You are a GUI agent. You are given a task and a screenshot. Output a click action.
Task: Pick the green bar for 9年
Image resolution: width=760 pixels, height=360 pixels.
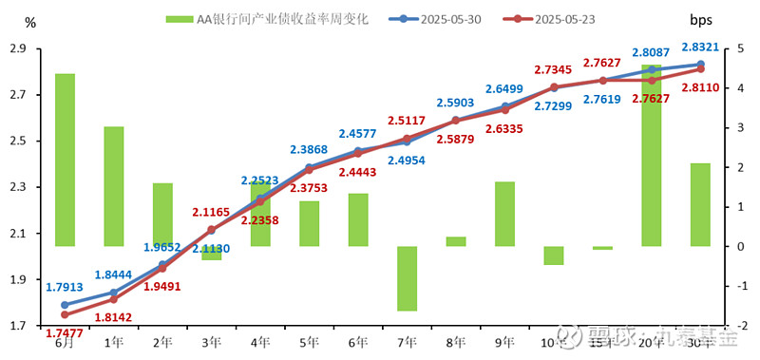coord(504,214)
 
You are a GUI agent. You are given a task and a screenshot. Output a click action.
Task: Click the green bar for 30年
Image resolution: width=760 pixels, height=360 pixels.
coord(700,204)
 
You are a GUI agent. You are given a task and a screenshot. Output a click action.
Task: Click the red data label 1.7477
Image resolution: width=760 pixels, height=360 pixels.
coord(65,333)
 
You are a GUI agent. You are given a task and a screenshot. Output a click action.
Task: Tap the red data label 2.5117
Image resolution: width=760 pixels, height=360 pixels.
coord(407,121)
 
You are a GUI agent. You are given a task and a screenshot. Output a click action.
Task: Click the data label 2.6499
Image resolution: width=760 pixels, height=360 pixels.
coord(504,89)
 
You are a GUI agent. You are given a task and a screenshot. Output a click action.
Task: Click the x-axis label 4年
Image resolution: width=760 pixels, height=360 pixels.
coord(259,342)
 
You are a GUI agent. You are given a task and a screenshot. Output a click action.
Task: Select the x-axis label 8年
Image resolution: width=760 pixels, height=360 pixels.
coord(455,342)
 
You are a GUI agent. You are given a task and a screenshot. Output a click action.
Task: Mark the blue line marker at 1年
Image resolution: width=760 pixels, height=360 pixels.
coord(114,293)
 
